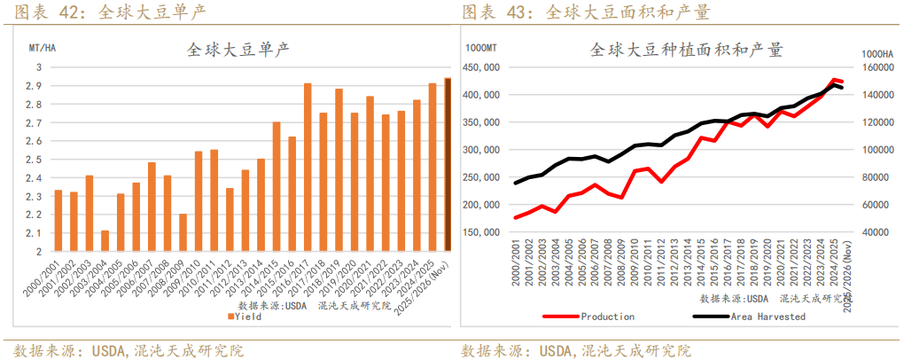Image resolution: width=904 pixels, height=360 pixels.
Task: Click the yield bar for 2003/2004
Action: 105,240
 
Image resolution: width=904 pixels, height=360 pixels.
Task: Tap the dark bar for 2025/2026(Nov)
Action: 448,165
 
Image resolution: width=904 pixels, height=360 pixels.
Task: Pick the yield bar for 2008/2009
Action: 183,232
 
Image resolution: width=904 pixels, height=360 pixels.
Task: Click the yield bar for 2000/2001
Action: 58,221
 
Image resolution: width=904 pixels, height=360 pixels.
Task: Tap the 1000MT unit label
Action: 482,47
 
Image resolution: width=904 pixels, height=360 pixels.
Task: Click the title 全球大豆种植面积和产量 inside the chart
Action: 686,50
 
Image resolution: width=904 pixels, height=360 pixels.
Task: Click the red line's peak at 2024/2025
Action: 833,80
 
